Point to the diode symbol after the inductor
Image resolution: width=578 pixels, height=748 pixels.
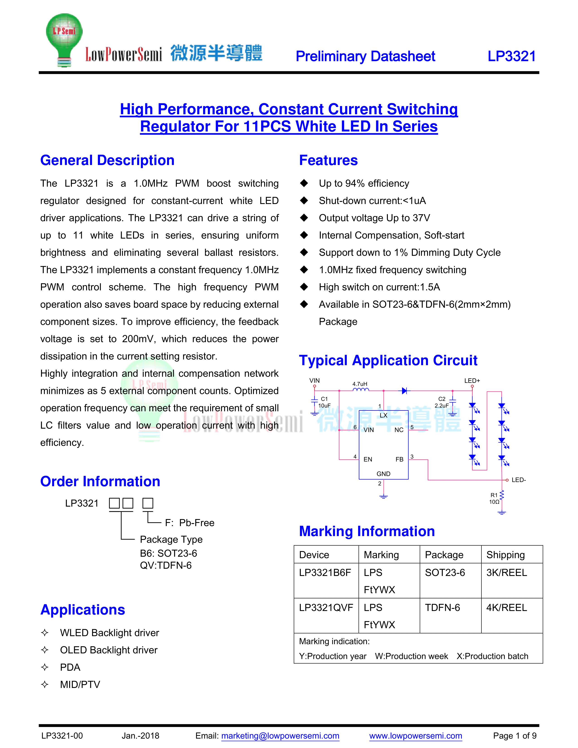tap(405, 391)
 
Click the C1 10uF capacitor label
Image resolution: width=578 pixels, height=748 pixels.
tap(324, 402)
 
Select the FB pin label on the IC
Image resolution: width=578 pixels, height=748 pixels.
tap(399, 459)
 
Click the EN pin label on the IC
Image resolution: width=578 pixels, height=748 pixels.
tap(368, 459)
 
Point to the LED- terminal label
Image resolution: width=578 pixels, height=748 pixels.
tap(518, 480)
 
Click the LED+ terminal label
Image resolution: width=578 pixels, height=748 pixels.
tap(472, 381)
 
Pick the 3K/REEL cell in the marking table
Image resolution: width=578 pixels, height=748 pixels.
tap(506, 573)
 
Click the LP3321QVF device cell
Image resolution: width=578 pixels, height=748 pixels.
tap(326, 607)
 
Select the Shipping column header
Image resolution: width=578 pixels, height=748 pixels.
tap(505, 555)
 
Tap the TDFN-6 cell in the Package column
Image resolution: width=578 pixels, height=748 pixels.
tap(442, 607)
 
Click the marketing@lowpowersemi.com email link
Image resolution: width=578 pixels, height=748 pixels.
tap(280, 736)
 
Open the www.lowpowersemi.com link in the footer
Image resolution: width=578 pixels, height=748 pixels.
tap(415, 736)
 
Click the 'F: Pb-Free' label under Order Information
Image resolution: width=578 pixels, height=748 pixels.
tap(189, 523)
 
